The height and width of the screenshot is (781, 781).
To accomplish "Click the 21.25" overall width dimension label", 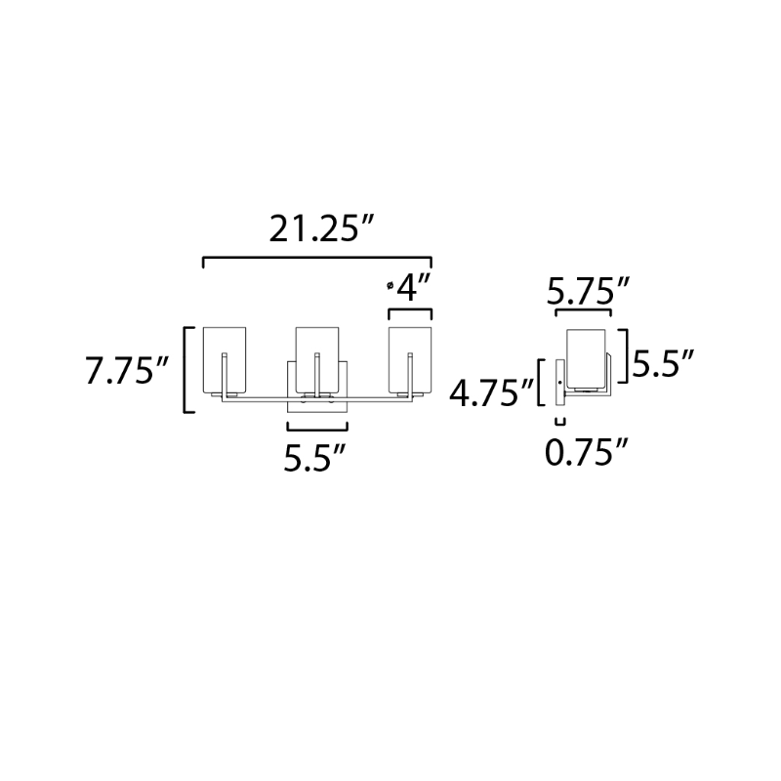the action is coord(321,228).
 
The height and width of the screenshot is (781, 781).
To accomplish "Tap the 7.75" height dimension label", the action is coord(127,371).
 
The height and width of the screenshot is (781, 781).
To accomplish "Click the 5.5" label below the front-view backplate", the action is coord(314,457).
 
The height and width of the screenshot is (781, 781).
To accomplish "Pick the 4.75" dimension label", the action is coord(492,393).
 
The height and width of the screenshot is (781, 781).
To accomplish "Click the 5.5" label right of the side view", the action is coord(663,364).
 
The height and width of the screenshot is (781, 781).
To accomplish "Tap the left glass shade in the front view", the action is coord(225,359).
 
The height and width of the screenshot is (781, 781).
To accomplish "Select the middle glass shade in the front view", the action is coord(316,359).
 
